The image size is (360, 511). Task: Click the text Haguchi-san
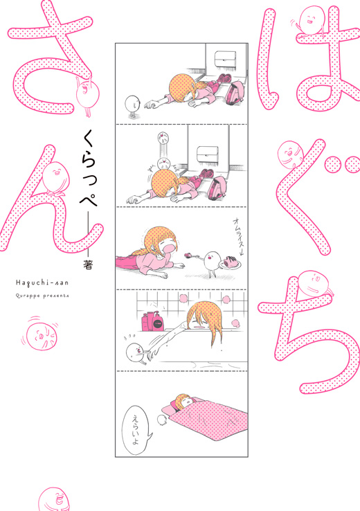[x=42, y=283]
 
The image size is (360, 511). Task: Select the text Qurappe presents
[x=42, y=296]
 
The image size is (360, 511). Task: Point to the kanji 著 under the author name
[x=88, y=265]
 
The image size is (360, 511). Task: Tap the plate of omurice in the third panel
[x=231, y=262]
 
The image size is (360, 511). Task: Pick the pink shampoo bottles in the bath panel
[x=152, y=321]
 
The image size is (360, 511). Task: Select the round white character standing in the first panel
[x=132, y=106]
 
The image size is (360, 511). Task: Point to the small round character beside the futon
[x=161, y=420]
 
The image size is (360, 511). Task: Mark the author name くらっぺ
[x=88, y=170]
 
